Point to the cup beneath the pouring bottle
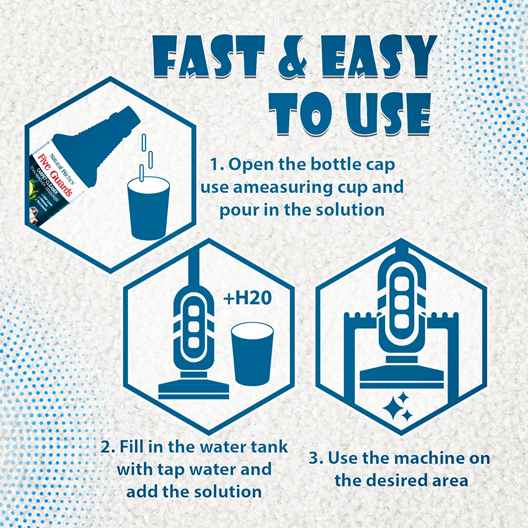coord(148,208)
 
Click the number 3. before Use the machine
coord(316,458)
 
